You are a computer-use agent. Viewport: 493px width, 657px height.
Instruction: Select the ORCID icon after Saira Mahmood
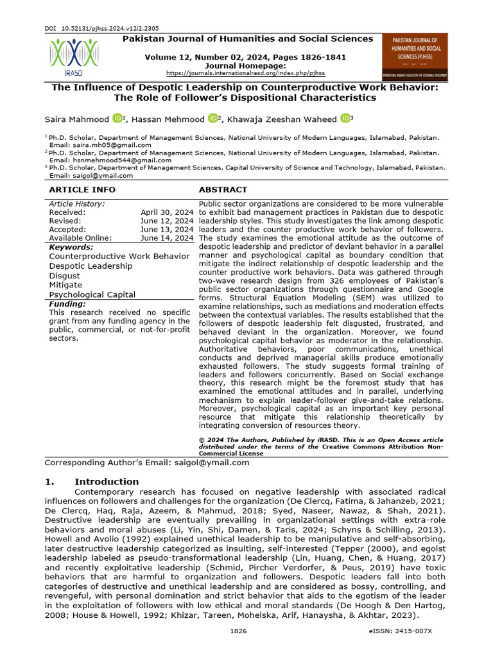pyautogui.click(x=117, y=118)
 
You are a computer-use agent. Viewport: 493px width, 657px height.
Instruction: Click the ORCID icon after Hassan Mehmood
pyautogui.click(x=213, y=118)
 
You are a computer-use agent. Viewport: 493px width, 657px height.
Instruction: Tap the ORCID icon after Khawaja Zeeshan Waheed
pyautogui.click(x=345, y=118)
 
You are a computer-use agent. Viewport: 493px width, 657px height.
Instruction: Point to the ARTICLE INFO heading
pyautogui.click(x=82, y=190)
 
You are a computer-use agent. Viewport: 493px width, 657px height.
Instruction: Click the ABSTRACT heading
pyautogui.click(x=223, y=190)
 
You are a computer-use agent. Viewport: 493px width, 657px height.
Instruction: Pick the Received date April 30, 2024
pyautogui.click(x=167, y=212)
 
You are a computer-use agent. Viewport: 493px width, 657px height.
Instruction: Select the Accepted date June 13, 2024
pyautogui.click(x=167, y=229)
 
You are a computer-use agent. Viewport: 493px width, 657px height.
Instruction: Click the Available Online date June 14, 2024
pyautogui.click(x=167, y=238)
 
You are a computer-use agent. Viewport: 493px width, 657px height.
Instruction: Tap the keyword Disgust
pyautogui.click(x=65, y=275)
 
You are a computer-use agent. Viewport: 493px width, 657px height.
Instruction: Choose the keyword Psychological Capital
pyautogui.click(x=92, y=294)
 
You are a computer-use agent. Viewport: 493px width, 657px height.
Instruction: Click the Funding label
pyautogui.click(x=67, y=303)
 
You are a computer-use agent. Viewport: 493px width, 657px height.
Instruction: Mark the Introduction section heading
pyautogui.click(x=107, y=481)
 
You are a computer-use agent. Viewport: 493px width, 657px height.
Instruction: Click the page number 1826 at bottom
pyautogui.click(x=238, y=631)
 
